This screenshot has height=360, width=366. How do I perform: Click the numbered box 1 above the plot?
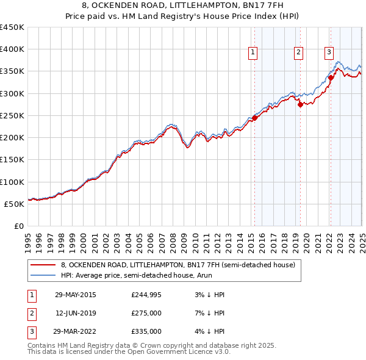(x=253, y=53)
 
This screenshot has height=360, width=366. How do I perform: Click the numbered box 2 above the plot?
(x=298, y=53)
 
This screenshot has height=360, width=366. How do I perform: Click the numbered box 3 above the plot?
(x=329, y=52)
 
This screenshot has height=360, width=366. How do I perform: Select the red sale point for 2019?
(x=300, y=105)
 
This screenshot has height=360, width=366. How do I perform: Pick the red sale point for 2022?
(x=331, y=77)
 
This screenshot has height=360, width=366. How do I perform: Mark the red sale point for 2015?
(x=254, y=118)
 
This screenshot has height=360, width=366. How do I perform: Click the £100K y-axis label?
(x=13, y=182)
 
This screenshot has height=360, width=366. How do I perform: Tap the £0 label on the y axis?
(x=19, y=226)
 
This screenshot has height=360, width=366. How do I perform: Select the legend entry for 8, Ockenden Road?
(x=178, y=265)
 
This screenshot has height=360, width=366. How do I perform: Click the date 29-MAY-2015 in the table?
(x=75, y=295)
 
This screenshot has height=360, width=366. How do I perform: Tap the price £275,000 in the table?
(x=146, y=313)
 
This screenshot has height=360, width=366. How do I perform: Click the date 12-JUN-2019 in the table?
(x=75, y=313)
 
